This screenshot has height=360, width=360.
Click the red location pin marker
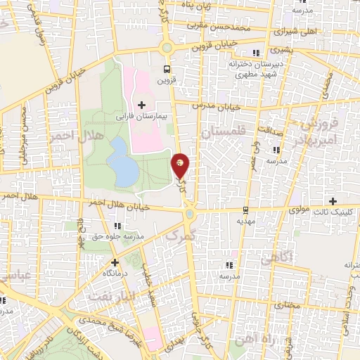(x=181, y=165)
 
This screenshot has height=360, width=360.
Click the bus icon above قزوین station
(x=167, y=69)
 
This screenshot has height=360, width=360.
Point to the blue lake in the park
(x=124, y=162)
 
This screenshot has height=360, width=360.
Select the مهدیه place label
(x=244, y=221)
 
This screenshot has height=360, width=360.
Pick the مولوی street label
(x=300, y=210)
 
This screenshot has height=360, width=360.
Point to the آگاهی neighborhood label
(x=275, y=259)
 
